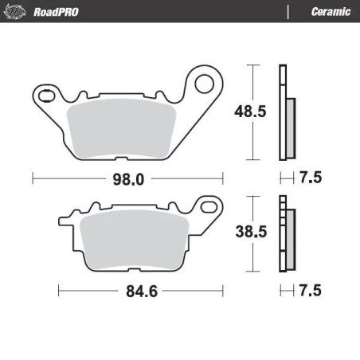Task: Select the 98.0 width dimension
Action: (x=128, y=179)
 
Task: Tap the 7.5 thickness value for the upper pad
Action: (x=311, y=179)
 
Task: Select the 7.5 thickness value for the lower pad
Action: (x=311, y=291)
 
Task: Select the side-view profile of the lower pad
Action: (x=284, y=236)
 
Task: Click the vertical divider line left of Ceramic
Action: (x=288, y=11)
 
